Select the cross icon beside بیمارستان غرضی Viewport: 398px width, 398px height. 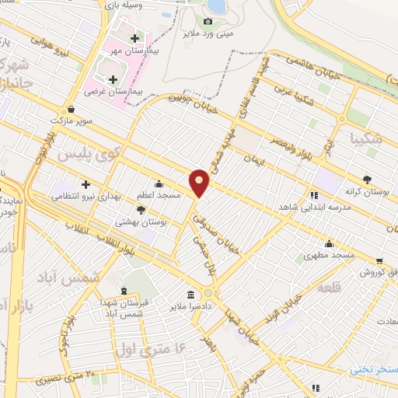click(113, 79)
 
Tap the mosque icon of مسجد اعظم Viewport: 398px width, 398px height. click(159, 184)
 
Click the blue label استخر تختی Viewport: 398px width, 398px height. click(373, 368)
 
